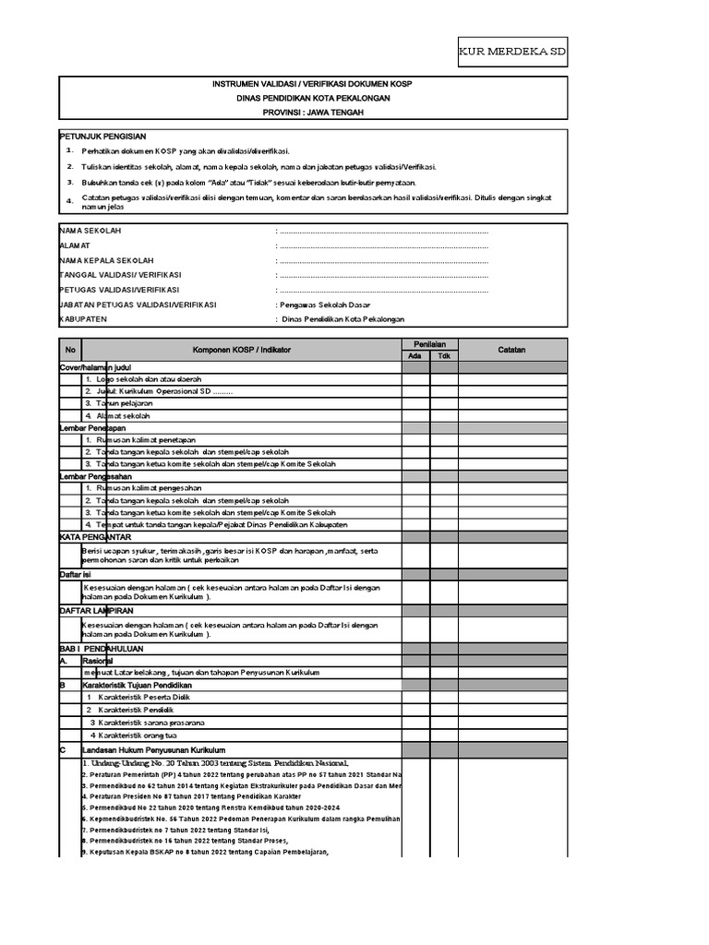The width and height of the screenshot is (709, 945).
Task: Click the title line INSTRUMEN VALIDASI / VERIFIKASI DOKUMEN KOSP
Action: tap(313, 85)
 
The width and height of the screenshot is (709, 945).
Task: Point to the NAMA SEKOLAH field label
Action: tap(90, 230)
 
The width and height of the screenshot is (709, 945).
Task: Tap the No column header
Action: tap(70, 350)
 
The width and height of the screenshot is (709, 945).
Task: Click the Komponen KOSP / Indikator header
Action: tap(240, 350)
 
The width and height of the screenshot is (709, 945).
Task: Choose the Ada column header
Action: tap(415, 356)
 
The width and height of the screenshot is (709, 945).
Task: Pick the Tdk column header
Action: tap(443, 356)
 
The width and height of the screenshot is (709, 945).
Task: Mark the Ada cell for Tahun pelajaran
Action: tap(415, 403)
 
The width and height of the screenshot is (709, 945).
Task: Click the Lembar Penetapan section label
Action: tap(92, 428)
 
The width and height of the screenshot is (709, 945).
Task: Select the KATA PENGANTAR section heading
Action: tap(95, 536)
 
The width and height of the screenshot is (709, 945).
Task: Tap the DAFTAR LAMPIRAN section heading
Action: tap(97, 612)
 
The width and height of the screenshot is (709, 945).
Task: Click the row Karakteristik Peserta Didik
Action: tap(138, 698)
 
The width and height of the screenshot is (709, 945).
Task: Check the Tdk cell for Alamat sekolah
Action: tap(443, 416)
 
